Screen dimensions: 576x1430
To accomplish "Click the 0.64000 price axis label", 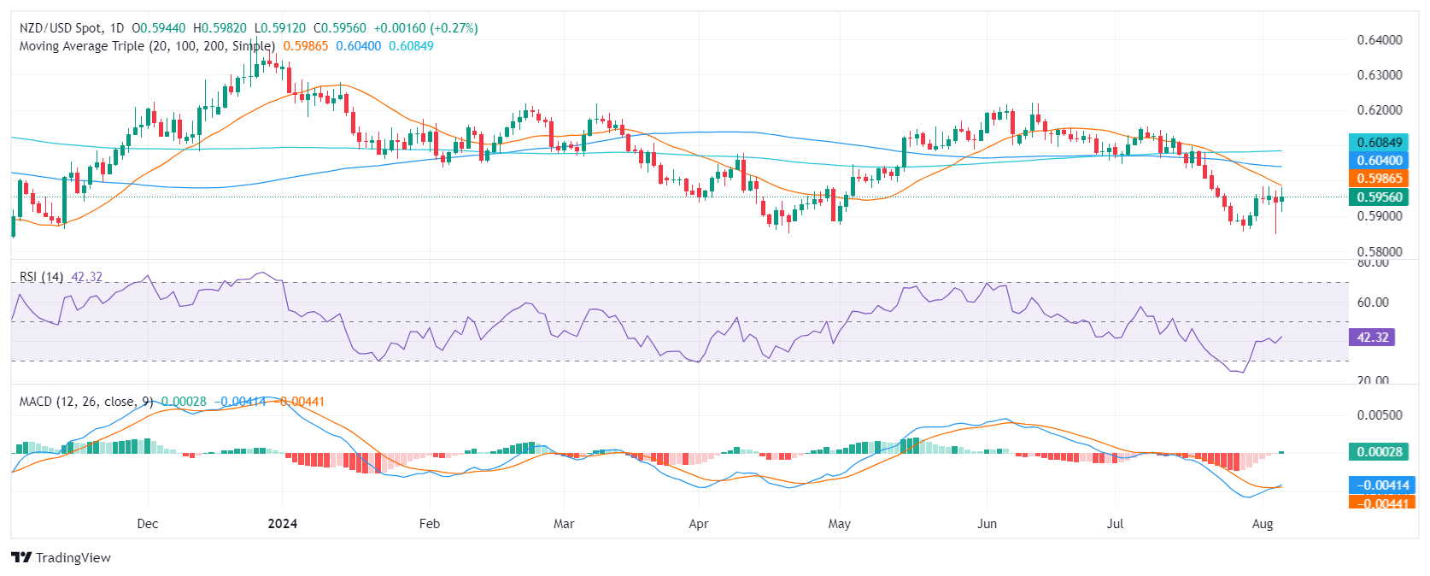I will pyautogui.click(x=1379, y=39).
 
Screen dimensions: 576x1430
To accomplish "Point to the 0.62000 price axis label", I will pyautogui.click(x=1379, y=110).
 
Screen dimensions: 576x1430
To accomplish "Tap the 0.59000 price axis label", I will pyautogui.click(x=1379, y=216).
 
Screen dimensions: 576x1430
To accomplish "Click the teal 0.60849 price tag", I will pyautogui.click(x=1379, y=143).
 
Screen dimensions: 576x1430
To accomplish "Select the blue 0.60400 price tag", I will pyautogui.click(x=1379, y=161).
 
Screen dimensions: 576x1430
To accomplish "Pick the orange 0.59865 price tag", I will pyautogui.click(x=1379, y=179).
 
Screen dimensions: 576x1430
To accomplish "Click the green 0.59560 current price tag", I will pyautogui.click(x=1379, y=197).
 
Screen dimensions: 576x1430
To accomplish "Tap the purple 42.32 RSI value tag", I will pyautogui.click(x=1372, y=338).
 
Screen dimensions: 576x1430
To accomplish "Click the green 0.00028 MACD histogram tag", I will pyautogui.click(x=1379, y=452).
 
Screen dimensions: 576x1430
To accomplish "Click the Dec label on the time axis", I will pyautogui.click(x=148, y=524).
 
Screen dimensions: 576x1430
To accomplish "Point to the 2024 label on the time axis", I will pyautogui.click(x=282, y=524).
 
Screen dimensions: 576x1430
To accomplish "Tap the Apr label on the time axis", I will pyautogui.click(x=699, y=524).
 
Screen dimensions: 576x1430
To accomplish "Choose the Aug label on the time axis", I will pyautogui.click(x=1262, y=524).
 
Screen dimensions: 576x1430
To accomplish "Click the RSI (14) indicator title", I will pyautogui.click(x=41, y=277).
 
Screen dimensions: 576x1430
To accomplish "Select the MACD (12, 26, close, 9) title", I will pyautogui.click(x=86, y=402).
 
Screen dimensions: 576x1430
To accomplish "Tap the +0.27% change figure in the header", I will pyautogui.click(x=457, y=28).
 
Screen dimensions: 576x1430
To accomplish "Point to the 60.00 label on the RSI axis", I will pyautogui.click(x=1373, y=303).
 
